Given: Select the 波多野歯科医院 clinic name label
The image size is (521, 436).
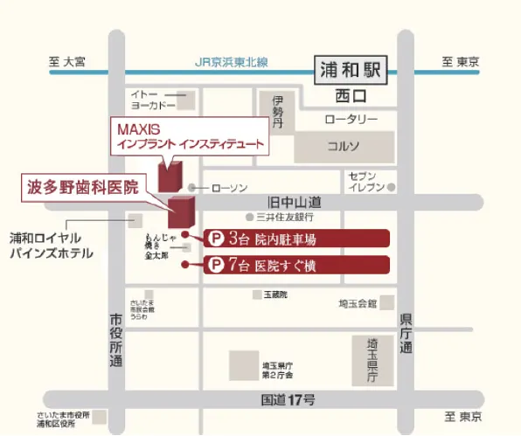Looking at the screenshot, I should click(x=82, y=187).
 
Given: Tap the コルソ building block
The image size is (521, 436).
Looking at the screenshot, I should click(x=343, y=146).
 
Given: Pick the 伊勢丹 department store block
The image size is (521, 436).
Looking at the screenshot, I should click(x=277, y=113).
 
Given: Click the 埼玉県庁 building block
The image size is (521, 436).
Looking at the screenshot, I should click(x=370, y=361).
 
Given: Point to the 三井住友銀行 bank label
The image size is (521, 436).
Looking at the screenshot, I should click(x=284, y=216).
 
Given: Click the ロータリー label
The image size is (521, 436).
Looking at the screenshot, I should click(x=351, y=119).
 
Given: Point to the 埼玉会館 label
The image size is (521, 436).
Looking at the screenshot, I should click(x=358, y=303).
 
